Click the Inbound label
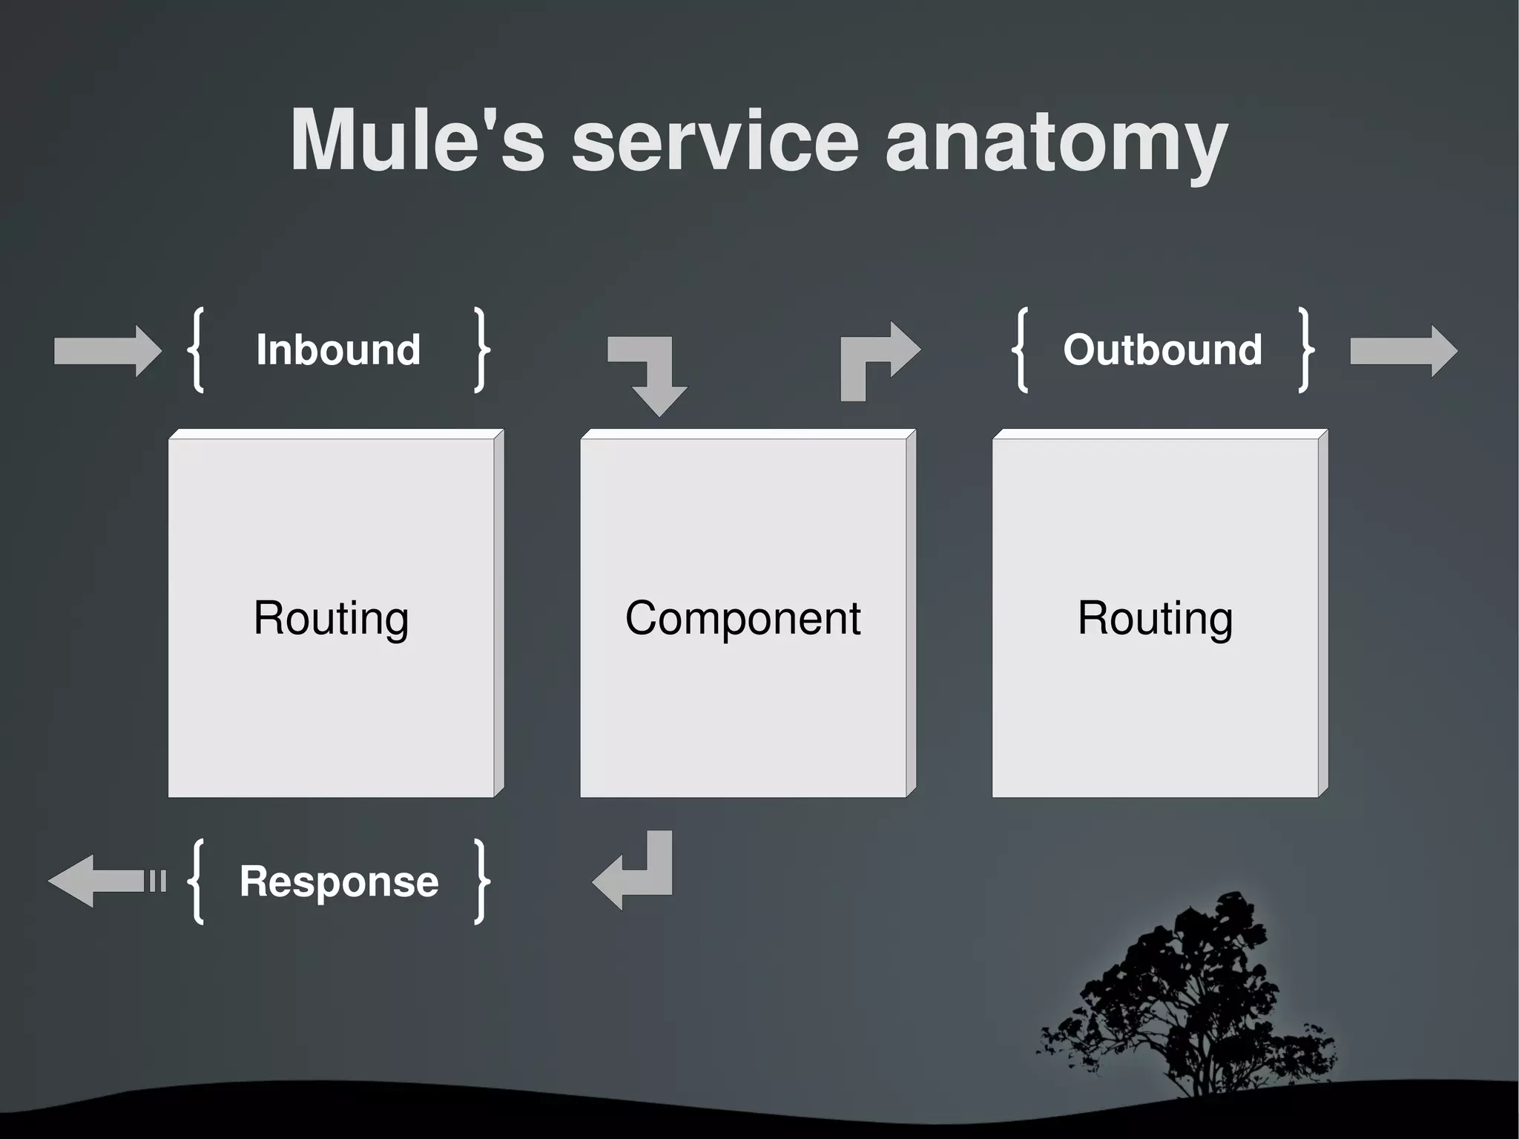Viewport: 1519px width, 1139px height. (338, 349)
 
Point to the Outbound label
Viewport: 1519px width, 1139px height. (1162, 349)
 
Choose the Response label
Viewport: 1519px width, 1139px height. (339, 882)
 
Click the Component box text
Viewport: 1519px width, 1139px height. (742, 617)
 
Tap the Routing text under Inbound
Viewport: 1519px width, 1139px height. (331, 617)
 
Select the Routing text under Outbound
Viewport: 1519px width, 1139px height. (1155, 617)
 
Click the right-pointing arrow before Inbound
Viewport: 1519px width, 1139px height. (108, 351)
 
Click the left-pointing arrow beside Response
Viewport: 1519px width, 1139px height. (104, 881)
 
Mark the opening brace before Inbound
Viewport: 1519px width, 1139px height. (197, 349)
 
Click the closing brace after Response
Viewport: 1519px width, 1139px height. (482, 882)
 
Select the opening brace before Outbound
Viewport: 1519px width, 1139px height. (1021, 349)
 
